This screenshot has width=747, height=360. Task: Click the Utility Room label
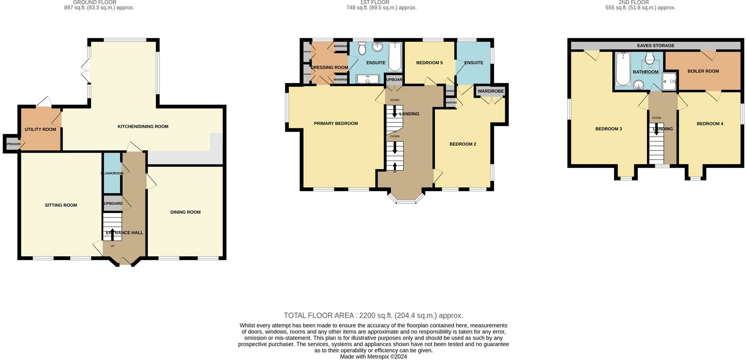[40, 130]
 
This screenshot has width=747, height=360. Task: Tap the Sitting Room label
[61, 205]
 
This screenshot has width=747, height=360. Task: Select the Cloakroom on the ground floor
[112, 173]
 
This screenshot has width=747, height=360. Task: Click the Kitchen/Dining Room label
[143, 127]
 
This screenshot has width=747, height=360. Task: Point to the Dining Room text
[185, 212]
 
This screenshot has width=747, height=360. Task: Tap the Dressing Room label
[329, 67]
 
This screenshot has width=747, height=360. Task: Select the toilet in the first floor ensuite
[361, 49]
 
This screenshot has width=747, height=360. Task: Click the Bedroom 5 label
[429, 63]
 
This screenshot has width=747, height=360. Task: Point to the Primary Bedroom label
[336, 124]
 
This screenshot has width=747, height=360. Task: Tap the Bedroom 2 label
[463, 144]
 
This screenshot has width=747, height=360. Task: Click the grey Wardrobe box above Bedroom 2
[490, 91]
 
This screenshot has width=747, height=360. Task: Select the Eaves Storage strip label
[655, 45]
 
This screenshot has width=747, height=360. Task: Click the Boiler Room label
[703, 71]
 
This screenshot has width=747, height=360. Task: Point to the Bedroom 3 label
[608, 129]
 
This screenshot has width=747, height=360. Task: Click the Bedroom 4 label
[709, 124]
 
